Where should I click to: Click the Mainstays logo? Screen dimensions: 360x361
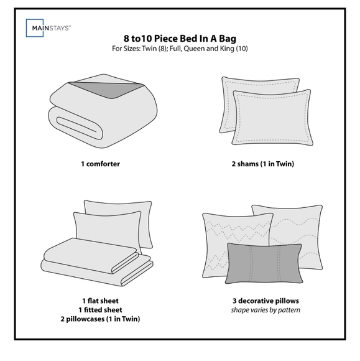pos(48,28)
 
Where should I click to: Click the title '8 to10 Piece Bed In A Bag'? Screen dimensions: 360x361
pos(180,39)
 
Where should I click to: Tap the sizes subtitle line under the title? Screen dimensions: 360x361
pos(180,49)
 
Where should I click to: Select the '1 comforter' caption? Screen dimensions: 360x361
pos(100,164)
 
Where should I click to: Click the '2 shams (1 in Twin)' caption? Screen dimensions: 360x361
pos(263,164)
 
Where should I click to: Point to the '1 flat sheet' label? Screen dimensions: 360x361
pos(101,301)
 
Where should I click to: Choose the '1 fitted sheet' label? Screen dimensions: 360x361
pos(101,310)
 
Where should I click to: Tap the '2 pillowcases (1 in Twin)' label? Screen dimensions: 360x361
pos(100,319)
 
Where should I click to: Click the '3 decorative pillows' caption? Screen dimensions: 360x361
pos(265,301)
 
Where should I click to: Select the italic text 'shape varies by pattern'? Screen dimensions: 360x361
pos(265,310)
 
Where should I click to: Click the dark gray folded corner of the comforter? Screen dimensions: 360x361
pos(108,90)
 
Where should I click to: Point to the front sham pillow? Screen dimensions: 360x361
pos(272,118)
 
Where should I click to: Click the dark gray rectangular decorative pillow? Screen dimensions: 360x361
pos(264,263)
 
